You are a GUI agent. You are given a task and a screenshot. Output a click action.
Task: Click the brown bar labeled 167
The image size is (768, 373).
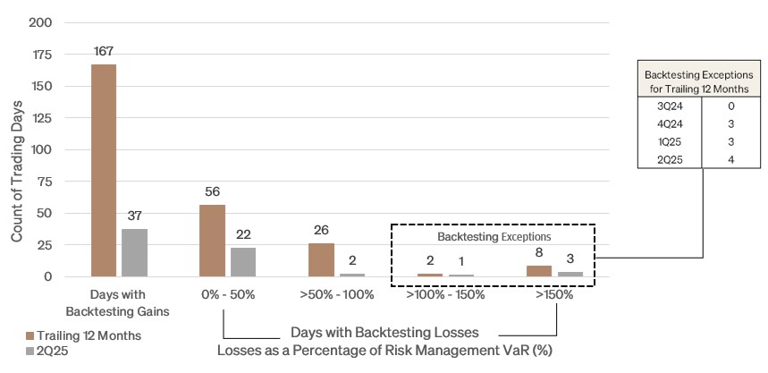pos(103,170)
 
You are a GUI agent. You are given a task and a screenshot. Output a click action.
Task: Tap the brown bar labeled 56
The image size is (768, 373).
pos(212,241)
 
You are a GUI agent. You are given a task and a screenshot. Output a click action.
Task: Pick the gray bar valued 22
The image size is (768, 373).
pos(242,262)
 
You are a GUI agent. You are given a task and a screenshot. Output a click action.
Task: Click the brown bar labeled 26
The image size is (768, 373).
pos(321,259)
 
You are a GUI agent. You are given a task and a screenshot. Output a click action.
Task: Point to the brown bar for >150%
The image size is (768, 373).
pos(539,271)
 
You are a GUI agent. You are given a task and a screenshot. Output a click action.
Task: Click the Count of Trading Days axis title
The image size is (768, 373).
pos(17,149)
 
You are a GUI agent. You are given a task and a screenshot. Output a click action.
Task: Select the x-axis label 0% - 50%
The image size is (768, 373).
pos(227,293)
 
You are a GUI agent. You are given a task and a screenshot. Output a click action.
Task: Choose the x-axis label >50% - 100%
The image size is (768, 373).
pos(336,293)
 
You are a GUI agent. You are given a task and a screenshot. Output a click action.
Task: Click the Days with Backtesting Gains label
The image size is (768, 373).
pos(118,301)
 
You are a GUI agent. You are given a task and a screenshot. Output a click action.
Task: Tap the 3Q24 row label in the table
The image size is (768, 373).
pos(669,105)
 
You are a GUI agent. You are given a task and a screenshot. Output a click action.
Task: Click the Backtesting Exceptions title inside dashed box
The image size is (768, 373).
pos(492,239)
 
